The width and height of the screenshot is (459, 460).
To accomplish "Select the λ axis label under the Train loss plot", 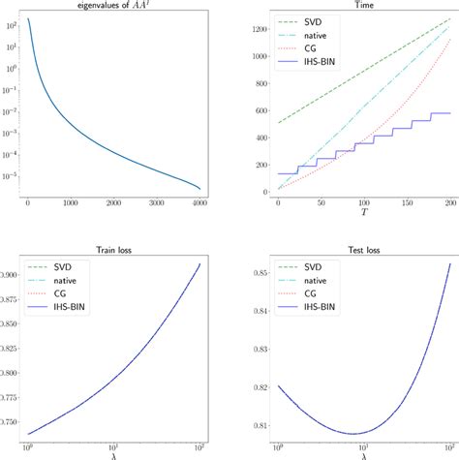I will (x=115, y=455).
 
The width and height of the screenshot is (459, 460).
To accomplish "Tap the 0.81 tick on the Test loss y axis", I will (x=254, y=425).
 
